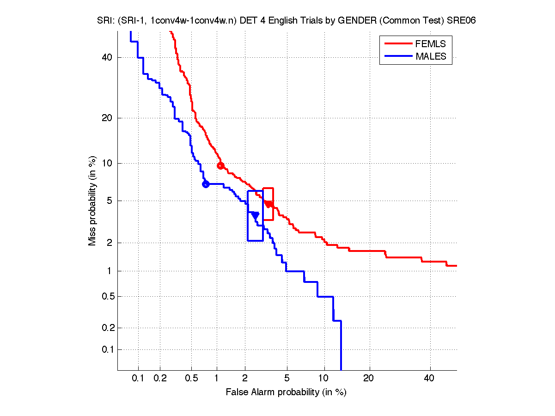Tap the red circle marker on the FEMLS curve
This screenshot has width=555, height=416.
point(220,165)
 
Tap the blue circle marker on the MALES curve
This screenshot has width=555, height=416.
point(206,184)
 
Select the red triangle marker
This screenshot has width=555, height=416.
point(268,204)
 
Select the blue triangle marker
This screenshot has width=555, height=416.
point(255,214)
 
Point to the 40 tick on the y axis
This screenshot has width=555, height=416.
point(108,57)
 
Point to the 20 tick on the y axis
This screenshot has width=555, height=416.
point(108,118)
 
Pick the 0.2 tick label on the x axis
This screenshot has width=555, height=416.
point(160,379)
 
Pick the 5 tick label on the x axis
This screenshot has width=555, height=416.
point(287,379)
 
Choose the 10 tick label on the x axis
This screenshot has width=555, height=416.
point(324,379)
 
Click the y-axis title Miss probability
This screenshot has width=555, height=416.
point(93,201)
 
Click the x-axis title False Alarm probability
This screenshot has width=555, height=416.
point(286,392)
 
